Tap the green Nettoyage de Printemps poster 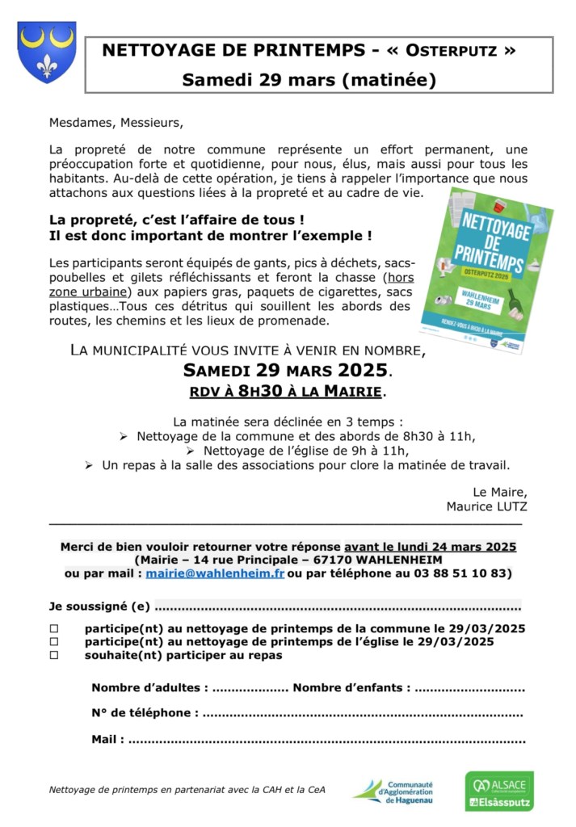coord(474,271)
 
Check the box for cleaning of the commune coord(55,628)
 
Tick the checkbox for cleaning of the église coord(55,642)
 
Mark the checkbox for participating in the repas coord(55,656)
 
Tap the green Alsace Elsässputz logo coord(498,791)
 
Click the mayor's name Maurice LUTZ coord(486,506)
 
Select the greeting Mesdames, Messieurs coord(116,124)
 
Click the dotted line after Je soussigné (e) coord(337,607)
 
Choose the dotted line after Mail coord(326,739)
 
